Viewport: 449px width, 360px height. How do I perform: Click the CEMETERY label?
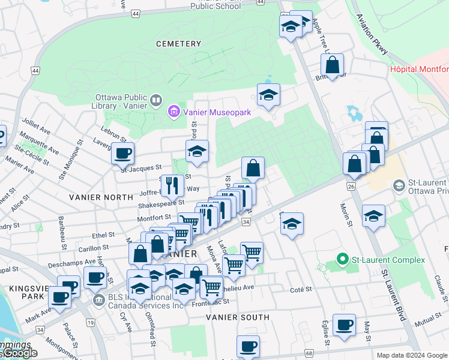coord(178,44)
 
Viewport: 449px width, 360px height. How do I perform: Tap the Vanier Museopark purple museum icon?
coord(174,110)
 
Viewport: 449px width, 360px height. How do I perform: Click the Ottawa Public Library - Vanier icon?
coord(156,100)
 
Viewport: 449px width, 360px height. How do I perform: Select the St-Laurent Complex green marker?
coord(343,260)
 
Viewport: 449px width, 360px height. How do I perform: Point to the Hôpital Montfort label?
coord(419,69)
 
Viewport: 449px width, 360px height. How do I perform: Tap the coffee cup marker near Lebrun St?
coord(122,152)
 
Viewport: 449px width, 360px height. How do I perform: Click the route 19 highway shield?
coord(91,323)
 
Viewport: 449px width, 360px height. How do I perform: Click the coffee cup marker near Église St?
coord(345,325)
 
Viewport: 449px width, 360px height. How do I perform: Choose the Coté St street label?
coord(301,289)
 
